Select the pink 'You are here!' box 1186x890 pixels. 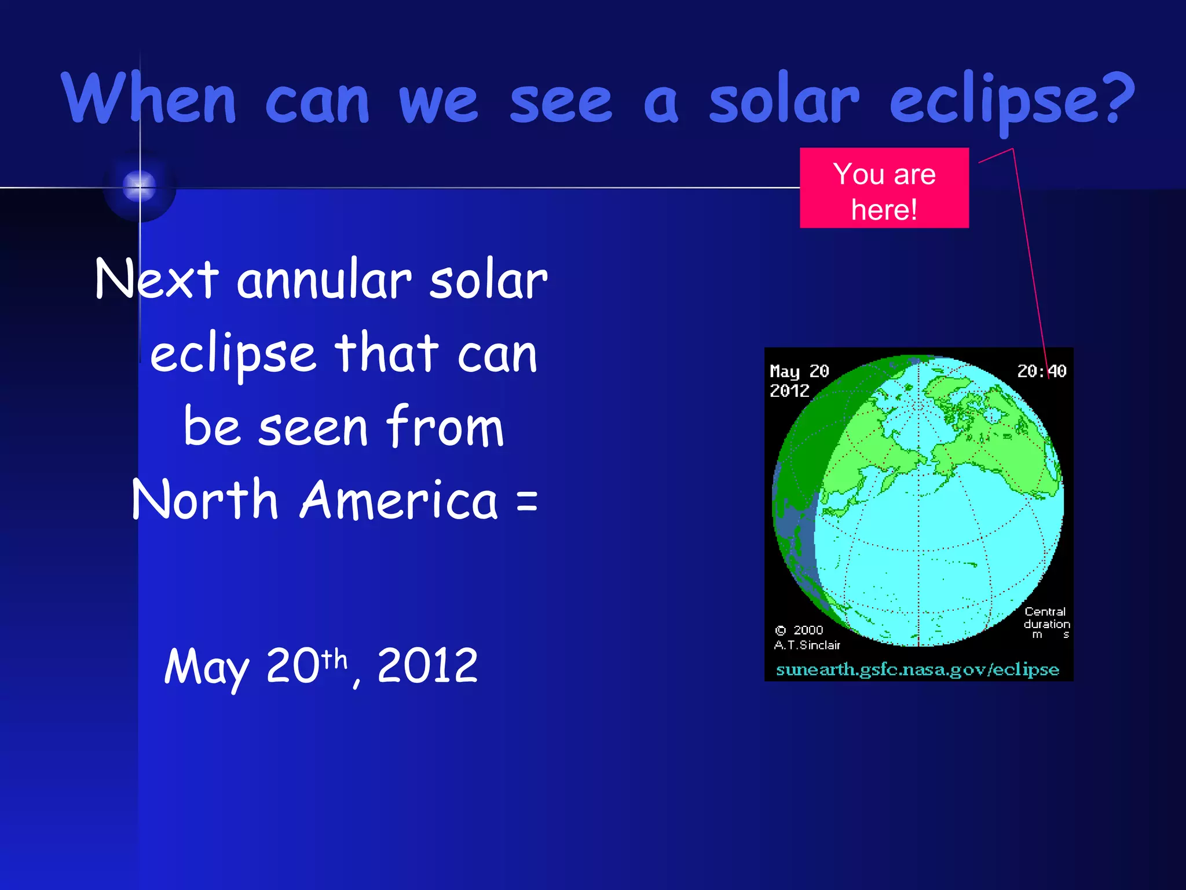884,188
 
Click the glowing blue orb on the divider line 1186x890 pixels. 140,187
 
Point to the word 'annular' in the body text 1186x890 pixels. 324,280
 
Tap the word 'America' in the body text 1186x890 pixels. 399,499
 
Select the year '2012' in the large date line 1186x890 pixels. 427,665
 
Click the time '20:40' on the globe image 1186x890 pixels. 1041,371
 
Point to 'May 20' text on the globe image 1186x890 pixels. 799,371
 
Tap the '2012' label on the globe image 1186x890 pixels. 789,391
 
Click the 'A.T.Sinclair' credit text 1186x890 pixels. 807,645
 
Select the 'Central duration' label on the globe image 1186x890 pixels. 1046,618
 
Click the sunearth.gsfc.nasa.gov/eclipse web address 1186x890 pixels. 917,669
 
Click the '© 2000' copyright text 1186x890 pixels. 799,630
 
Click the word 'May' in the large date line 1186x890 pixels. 207,666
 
